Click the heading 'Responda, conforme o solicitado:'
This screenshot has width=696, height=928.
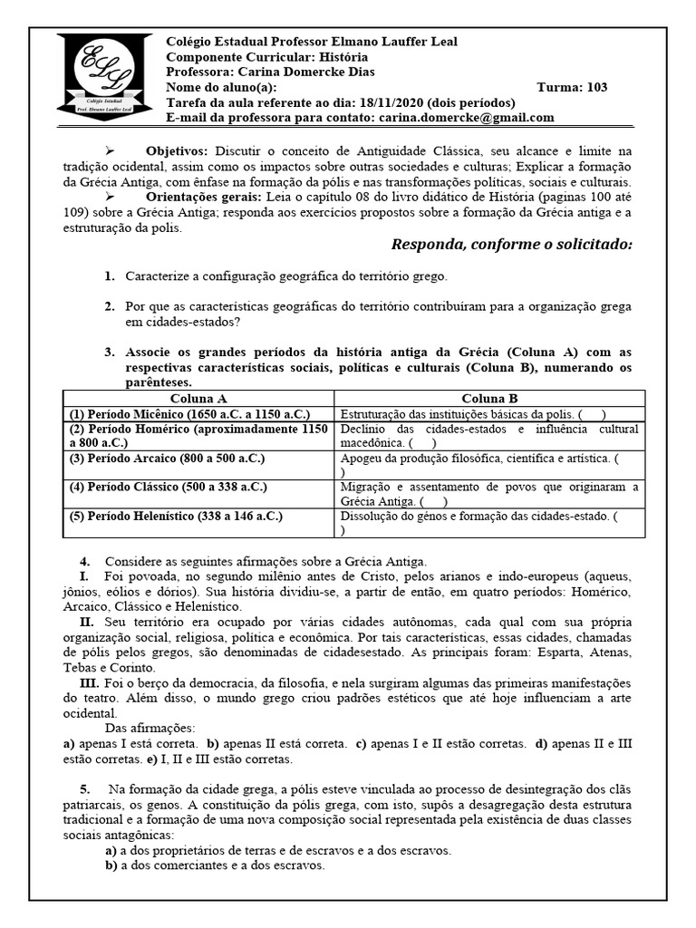(511, 246)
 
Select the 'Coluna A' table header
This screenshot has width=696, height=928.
(198, 398)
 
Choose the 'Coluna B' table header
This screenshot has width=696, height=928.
(489, 398)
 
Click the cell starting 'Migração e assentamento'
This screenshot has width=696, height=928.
(489, 494)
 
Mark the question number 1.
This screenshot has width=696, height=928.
(109, 275)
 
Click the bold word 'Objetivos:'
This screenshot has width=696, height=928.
(177, 150)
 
